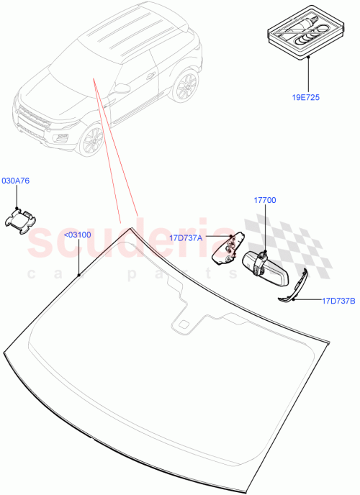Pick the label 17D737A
tap(185, 237)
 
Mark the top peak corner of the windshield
tap(130, 228)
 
